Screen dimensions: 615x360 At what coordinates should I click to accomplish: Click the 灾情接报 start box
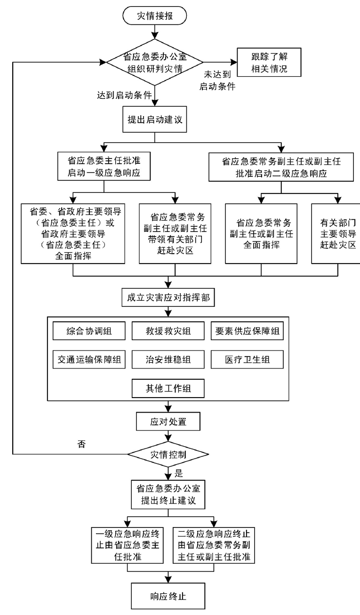(x=155, y=16)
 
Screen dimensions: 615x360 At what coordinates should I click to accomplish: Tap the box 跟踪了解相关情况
(x=269, y=62)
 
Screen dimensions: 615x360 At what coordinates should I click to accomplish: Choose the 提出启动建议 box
(x=155, y=119)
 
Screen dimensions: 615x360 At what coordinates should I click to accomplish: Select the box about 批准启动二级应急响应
(x=281, y=166)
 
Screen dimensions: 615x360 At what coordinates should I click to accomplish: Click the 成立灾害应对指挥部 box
(x=169, y=298)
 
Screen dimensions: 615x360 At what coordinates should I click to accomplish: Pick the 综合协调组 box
(x=89, y=331)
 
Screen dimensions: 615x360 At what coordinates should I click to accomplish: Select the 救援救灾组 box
(x=168, y=331)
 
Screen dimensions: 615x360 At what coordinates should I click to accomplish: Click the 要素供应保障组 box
(x=246, y=331)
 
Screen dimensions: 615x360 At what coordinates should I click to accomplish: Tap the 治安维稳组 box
(x=168, y=360)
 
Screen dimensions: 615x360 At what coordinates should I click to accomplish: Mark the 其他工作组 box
(x=168, y=389)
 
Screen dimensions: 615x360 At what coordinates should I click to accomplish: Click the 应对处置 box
(x=168, y=422)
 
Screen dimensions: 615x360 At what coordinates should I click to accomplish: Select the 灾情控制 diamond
(x=168, y=455)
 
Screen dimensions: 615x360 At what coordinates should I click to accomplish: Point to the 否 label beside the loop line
(x=81, y=444)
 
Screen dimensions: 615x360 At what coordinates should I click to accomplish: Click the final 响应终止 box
(x=168, y=597)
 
